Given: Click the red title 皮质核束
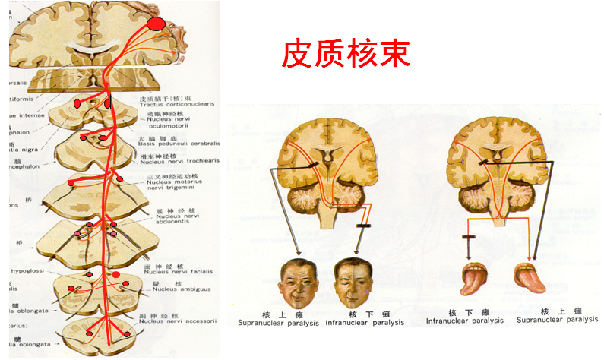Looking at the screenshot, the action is (346, 54).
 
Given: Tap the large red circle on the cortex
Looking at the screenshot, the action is (156, 24).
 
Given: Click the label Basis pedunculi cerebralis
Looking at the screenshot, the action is (180, 143).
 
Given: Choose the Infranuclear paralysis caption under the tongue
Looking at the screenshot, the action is (464, 321).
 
